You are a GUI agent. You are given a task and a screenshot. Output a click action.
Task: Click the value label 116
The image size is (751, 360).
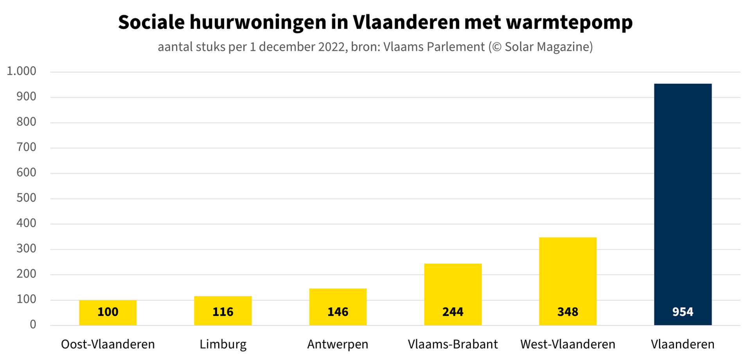click(x=223, y=312)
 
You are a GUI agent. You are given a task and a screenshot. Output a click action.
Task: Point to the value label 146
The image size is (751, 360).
click(x=338, y=312)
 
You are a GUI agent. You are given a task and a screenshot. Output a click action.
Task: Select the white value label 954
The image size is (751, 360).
click(x=683, y=312)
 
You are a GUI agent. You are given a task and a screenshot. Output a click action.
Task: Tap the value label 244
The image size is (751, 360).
click(x=453, y=312)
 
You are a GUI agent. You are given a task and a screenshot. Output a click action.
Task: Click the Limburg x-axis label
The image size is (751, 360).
click(x=223, y=344)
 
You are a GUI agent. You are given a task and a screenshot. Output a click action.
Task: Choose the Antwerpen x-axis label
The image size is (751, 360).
click(x=338, y=344)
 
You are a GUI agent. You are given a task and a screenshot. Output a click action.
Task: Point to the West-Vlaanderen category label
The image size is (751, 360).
click(x=568, y=344)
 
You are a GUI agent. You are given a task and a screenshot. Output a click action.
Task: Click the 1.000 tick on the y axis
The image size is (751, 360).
click(x=22, y=71)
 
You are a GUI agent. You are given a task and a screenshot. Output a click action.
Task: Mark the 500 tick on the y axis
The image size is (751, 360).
click(x=26, y=198)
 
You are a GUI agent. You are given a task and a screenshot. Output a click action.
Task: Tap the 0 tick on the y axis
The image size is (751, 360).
click(x=33, y=324)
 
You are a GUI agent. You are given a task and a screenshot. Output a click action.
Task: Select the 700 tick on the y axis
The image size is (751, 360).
click(x=26, y=147)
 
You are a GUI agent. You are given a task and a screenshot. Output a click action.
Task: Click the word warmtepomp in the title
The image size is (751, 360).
click(x=569, y=23)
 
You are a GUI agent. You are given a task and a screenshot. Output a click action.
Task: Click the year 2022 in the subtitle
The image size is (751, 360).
click(x=332, y=47)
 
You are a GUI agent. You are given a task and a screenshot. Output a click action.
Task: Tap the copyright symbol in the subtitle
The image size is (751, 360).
click(x=497, y=47)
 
